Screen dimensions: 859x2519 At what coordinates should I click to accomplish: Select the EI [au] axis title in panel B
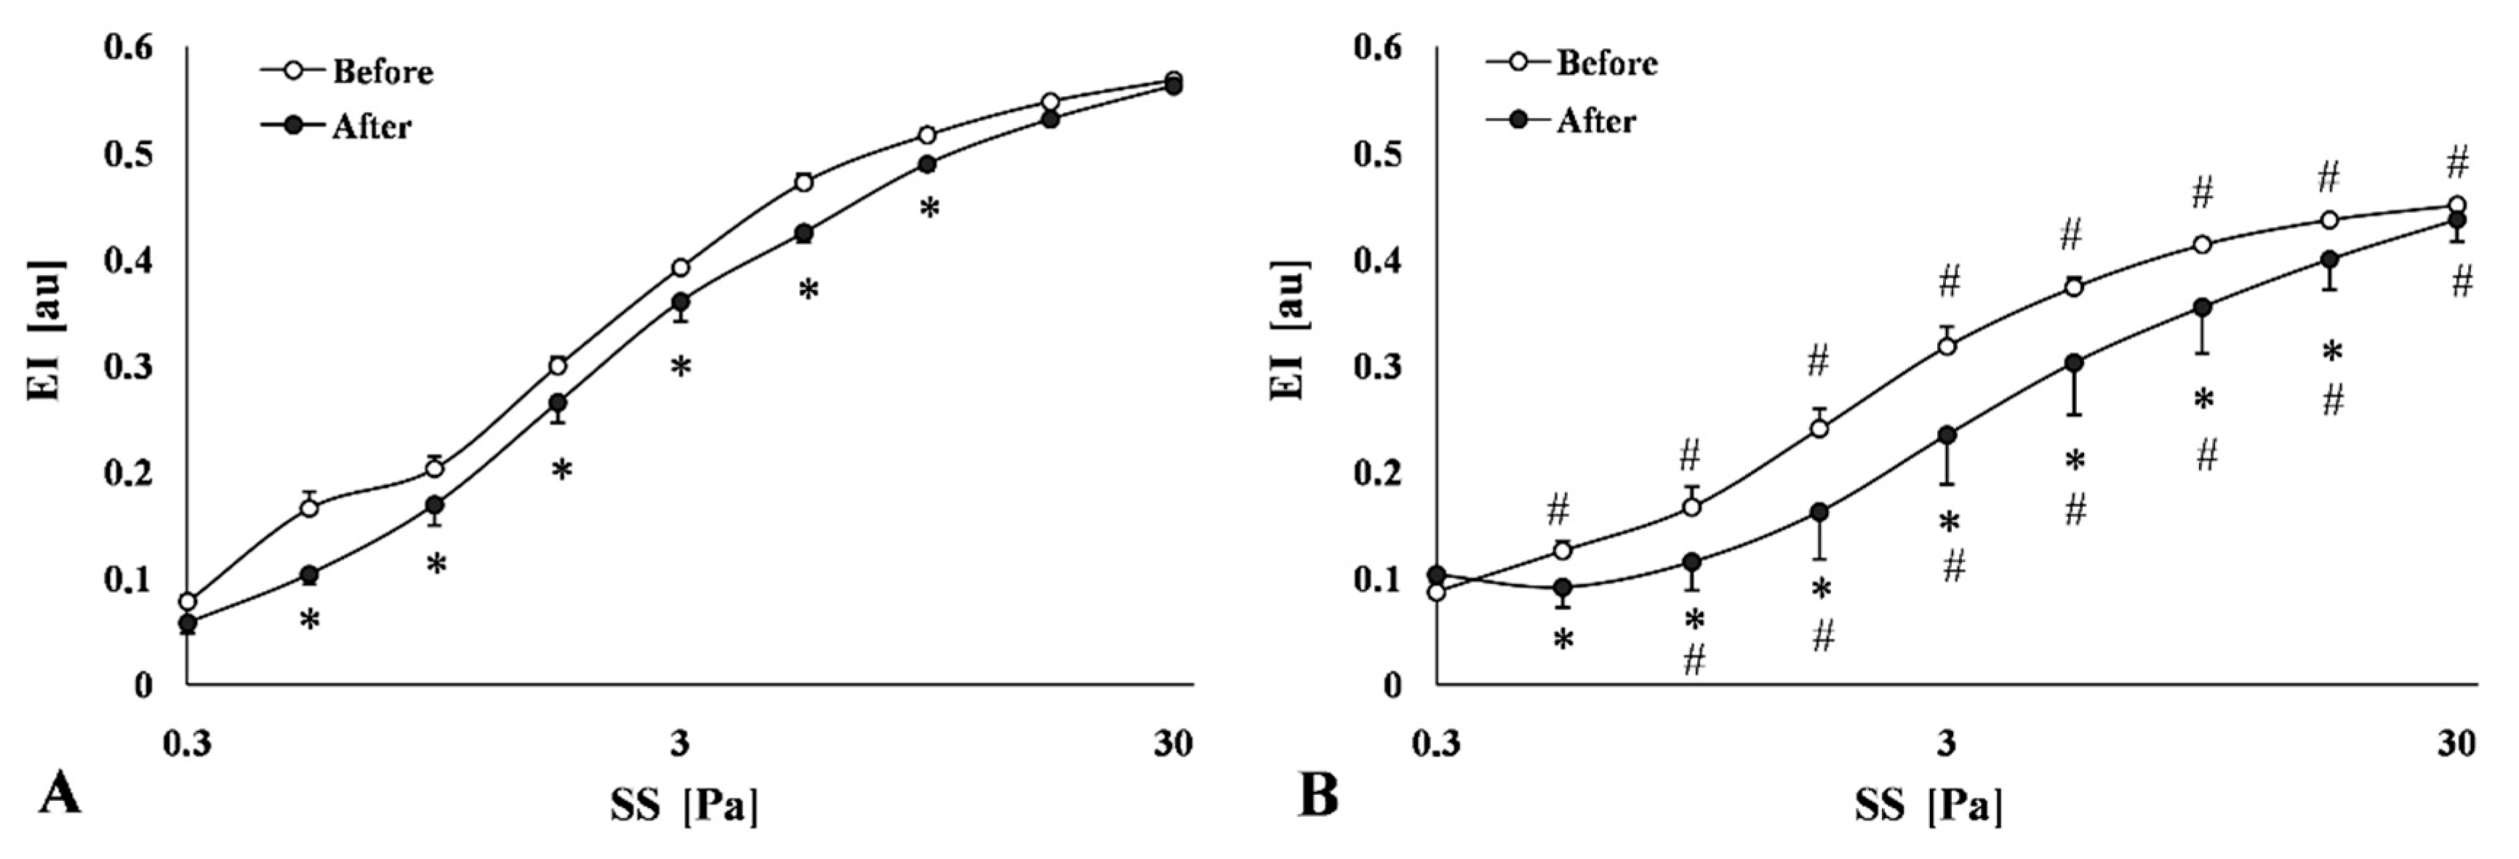(1289, 332)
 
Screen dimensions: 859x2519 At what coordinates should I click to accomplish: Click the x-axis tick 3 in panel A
(680, 745)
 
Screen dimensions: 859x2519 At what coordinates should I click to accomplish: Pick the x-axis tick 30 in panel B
(2456, 745)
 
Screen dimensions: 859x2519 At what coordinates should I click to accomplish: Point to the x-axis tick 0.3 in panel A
(187, 745)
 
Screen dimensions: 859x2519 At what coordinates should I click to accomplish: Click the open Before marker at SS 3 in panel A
(681, 267)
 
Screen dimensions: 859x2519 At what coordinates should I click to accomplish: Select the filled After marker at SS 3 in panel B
(1947, 434)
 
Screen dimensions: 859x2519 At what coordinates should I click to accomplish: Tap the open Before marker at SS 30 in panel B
(2456, 205)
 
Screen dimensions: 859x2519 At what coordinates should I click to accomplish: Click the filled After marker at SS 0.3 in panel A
(188, 621)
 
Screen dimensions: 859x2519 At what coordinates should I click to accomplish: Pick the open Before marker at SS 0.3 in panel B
(1436, 591)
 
